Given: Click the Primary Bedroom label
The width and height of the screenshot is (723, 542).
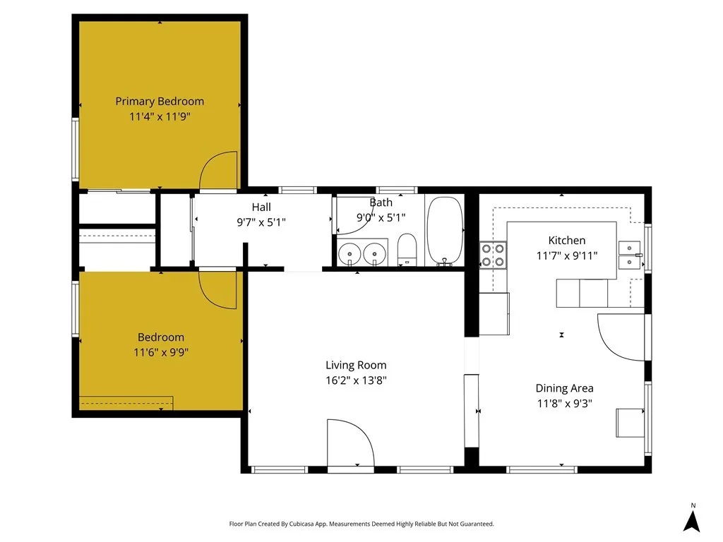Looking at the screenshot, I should tap(160, 102).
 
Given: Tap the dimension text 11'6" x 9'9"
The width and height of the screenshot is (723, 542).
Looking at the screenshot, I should tap(160, 351).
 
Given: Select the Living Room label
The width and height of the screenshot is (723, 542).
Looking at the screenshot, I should tap(356, 365).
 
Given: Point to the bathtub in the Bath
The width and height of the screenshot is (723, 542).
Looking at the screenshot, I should tap(444, 230).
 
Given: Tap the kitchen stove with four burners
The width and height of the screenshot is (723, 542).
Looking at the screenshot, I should tap(493, 255).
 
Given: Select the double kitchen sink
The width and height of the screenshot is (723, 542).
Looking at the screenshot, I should tap(629, 255).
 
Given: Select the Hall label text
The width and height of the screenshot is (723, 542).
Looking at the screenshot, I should tap(261, 207).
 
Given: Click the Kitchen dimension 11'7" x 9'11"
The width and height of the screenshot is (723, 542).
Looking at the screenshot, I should tap(566, 255).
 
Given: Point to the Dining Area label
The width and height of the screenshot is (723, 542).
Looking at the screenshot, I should tap(564, 388).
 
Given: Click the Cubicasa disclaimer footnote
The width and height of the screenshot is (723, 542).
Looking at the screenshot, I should tap(361, 524).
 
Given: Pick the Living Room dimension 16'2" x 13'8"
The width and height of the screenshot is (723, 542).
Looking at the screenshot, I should tap(356, 380).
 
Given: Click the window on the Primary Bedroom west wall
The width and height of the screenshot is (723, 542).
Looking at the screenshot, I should tap(75, 150).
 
